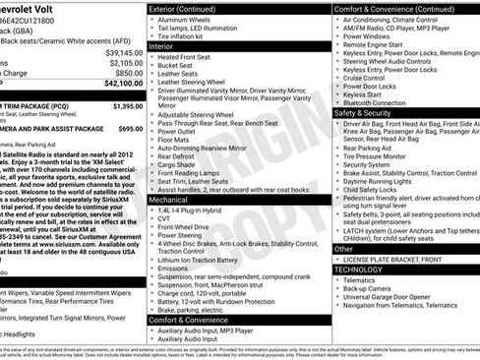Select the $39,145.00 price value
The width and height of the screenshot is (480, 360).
click(123, 51)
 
